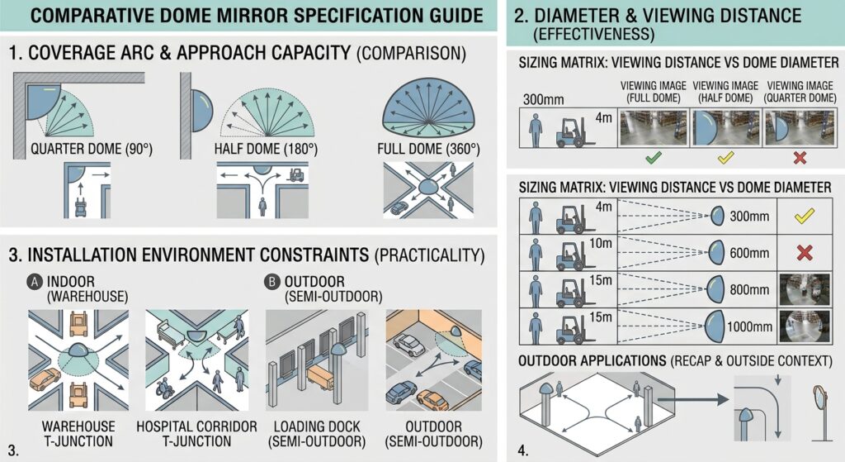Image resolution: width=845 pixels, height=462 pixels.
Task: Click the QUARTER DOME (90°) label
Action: coord(91,149)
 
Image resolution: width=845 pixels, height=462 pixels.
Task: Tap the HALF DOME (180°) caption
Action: coord(266,149)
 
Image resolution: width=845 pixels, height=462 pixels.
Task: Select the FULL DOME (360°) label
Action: coord(428,149)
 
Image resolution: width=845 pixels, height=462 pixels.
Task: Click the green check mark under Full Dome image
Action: coord(654,158)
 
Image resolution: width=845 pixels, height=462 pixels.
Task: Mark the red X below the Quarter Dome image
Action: coord(800,158)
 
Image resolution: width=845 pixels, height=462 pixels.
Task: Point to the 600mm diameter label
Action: coord(749,253)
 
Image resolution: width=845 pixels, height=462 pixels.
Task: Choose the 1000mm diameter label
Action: coord(749,326)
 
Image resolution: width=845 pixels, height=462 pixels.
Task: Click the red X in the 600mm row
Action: coord(805,253)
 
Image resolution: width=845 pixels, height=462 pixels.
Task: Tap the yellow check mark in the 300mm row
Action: coord(804,217)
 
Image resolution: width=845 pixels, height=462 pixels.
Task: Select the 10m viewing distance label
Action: coord(601,244)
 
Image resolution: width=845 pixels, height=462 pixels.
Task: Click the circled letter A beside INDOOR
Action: coord(35,282)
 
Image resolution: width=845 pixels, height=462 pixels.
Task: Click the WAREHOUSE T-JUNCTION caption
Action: coord(78,434)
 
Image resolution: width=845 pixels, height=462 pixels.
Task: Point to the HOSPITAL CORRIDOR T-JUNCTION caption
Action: coord(196,434)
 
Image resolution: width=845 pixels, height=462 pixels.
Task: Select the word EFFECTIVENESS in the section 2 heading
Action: coord(594,35)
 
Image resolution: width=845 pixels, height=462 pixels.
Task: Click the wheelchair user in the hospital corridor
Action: coord(163,388)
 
